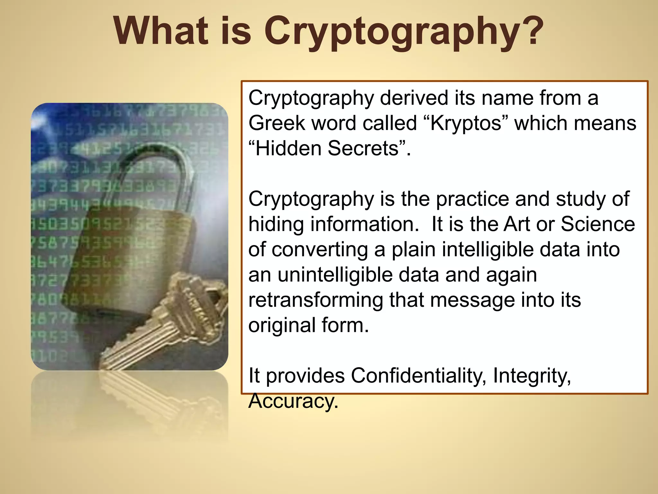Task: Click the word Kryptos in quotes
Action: click(x=466, y=123)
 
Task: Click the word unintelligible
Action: click(x=351, y=275)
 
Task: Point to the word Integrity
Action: click(x=532, y=376)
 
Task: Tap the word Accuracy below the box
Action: click(x=293, y=401)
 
